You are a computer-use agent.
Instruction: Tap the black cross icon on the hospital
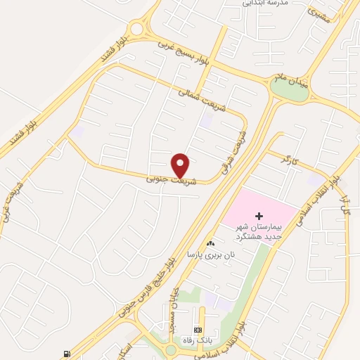pyautogui.click(x=259, y=214)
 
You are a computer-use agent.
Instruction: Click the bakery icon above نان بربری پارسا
pyautogui.click(x=210, y=243)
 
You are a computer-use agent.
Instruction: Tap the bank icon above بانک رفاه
pyautogui.click(x=198, y=330)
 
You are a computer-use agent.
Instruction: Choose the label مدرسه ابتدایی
pyautogui.click(x=265, y=4)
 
